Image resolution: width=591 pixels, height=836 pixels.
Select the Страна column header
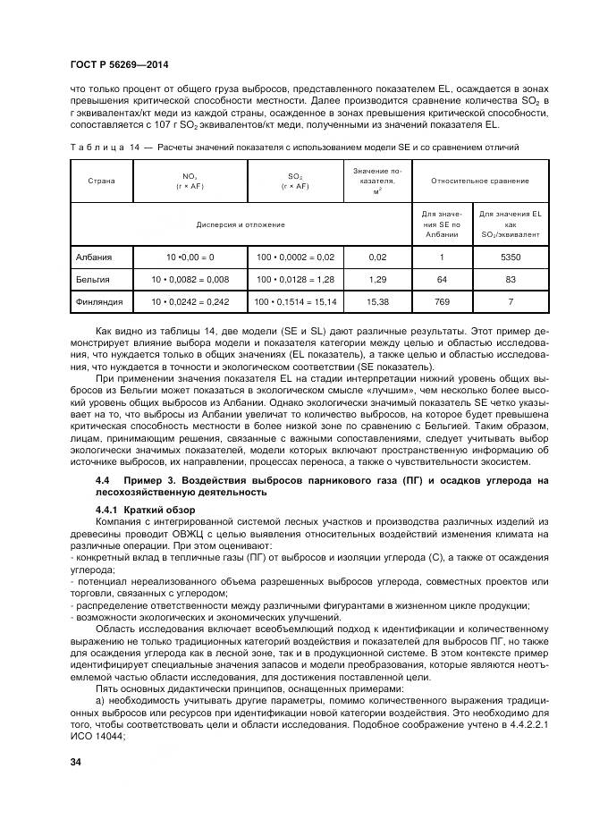[x=101, y=181]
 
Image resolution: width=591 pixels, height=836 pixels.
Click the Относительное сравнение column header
[x=479, y=181]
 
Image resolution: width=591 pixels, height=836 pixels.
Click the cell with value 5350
[x=511, y=258]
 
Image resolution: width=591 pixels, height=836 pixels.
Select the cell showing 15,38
[x=377, y=303]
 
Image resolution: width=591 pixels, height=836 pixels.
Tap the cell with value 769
[x=441, y=303]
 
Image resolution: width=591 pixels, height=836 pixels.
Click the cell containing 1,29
[x=377, y=280]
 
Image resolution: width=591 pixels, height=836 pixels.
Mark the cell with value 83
[x=511, y=280]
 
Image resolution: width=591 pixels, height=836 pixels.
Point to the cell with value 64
[x=441, y=280]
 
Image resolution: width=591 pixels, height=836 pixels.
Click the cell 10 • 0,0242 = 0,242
[x=190, y=303]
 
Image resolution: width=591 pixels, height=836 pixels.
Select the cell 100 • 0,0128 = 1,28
[x=294, y=280]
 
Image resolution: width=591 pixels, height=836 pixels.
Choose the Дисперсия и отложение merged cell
[x=241, y=224]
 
